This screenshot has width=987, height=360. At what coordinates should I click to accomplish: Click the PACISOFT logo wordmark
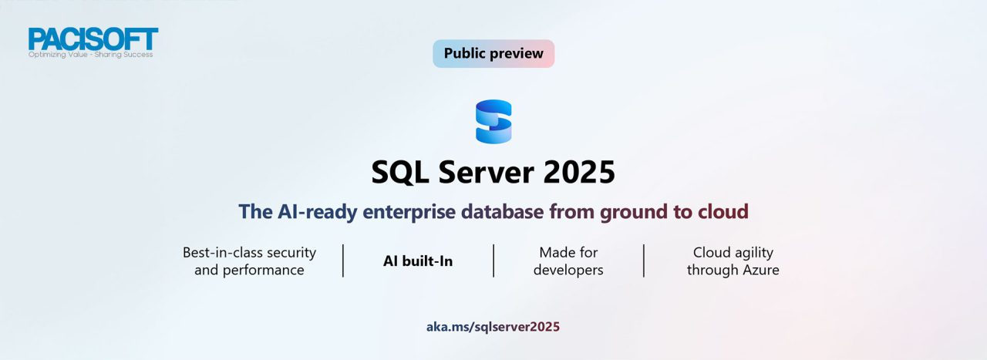pos(93,39)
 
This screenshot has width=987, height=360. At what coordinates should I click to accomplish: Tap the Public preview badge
pos(493,54)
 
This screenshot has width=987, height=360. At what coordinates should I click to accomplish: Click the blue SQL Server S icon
pos(493,122)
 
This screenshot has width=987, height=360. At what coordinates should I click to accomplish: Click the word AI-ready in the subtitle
pos(317,212)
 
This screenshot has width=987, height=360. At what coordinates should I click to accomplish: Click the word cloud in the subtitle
pos(721,212)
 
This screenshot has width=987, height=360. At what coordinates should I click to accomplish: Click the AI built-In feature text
pos(418,261)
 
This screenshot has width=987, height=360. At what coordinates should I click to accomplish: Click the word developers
pos(568,271)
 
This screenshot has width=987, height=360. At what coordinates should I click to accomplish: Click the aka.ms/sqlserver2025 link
pos(493,327)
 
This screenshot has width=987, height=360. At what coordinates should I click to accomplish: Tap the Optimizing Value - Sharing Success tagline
pos(90,55)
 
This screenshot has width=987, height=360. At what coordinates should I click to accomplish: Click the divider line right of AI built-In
pos(493,261)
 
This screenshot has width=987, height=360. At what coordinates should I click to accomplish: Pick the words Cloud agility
pos(733,253)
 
